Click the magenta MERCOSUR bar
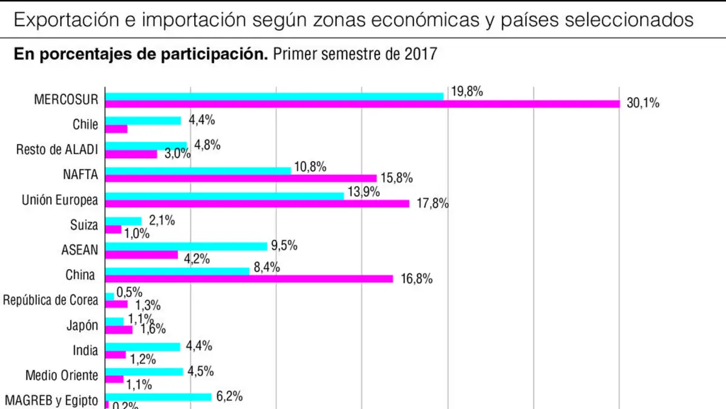362,104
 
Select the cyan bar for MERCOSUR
274,96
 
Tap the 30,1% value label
643,103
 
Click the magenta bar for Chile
116,129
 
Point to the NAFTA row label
80,175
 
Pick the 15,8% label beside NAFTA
397,178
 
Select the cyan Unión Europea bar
224,196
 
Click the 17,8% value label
433,204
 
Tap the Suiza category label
84,225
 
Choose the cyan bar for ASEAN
186,247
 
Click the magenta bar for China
249,279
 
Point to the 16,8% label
417,279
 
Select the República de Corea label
50,300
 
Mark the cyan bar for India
143,347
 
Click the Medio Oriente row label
62,375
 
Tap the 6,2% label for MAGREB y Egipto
229,396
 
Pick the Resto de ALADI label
57,150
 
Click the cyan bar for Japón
114,322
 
